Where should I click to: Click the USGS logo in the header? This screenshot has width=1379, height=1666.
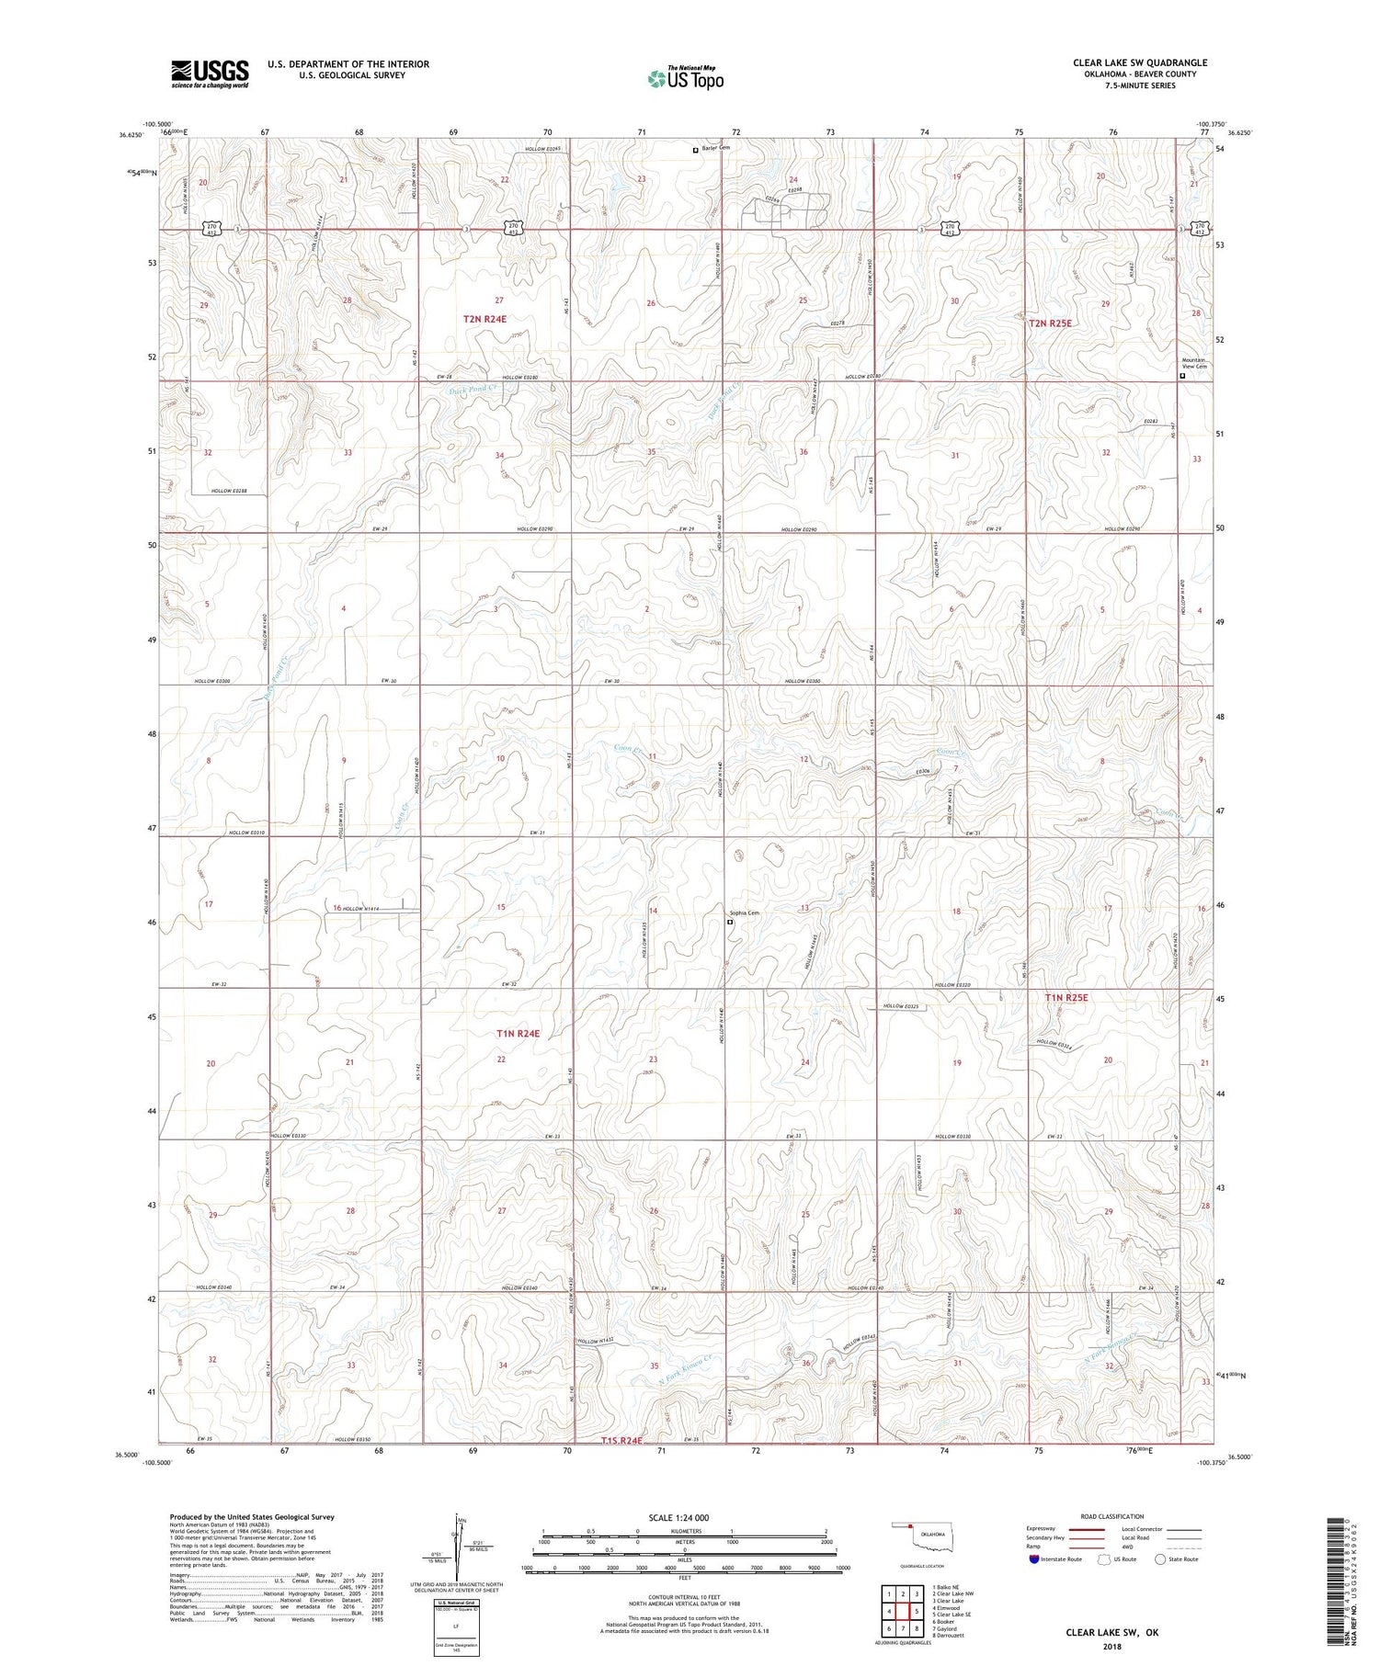(210, 74)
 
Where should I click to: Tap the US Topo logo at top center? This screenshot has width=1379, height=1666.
(685, 79)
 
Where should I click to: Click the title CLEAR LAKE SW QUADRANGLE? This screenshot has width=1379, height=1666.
(1140, 62)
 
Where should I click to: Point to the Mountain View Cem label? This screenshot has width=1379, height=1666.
(1194, 363)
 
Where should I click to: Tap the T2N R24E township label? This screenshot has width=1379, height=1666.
(484, 319)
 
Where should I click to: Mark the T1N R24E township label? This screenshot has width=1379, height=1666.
(517, 1034)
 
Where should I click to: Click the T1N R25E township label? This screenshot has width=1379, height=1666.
(1066, 997)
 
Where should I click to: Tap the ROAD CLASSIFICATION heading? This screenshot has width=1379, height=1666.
(1112, 1516)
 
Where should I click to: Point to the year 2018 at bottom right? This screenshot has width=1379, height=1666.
(1112, 1644)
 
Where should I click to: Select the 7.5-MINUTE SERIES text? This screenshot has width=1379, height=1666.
(1140, 85)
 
